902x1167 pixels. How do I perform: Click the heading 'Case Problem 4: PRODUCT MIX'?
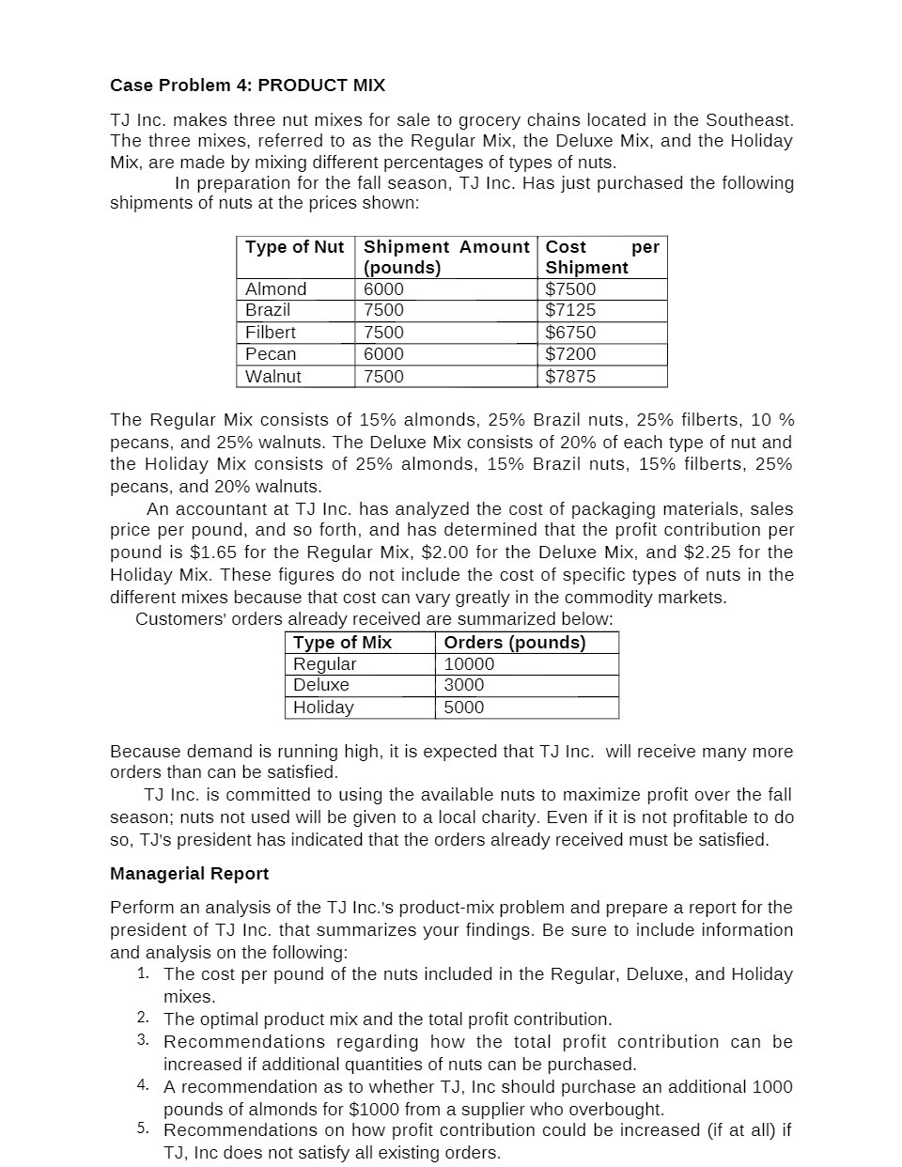click(x=247, y=86)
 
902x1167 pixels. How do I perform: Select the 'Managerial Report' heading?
click(x=189, y=874)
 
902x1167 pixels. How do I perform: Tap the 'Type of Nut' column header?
click(x=294, y=247)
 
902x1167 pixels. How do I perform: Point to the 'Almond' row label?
click(x=275, y=289)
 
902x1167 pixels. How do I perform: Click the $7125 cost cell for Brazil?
click(x=570, y=310)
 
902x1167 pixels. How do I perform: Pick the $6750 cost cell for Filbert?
click(x=570, y=333)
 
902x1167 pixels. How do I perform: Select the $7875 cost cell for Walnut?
click(x=570, y=377)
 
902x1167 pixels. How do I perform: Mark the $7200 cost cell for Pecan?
click(x=570, y=354)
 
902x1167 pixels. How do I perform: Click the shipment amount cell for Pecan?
click(x=383, y=354)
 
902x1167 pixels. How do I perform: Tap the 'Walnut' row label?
click(x=272, y=377)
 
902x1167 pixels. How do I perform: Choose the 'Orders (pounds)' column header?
click(x=514, y=643)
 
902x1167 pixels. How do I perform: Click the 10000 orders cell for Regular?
click(x=468, y=664)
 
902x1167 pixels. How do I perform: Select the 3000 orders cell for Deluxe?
click(x=463, y=685)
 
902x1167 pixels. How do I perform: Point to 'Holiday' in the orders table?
click(x=323, y=708)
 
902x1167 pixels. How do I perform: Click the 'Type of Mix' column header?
click(x=342, y=643)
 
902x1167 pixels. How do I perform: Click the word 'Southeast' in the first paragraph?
click(x=747, y=120)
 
